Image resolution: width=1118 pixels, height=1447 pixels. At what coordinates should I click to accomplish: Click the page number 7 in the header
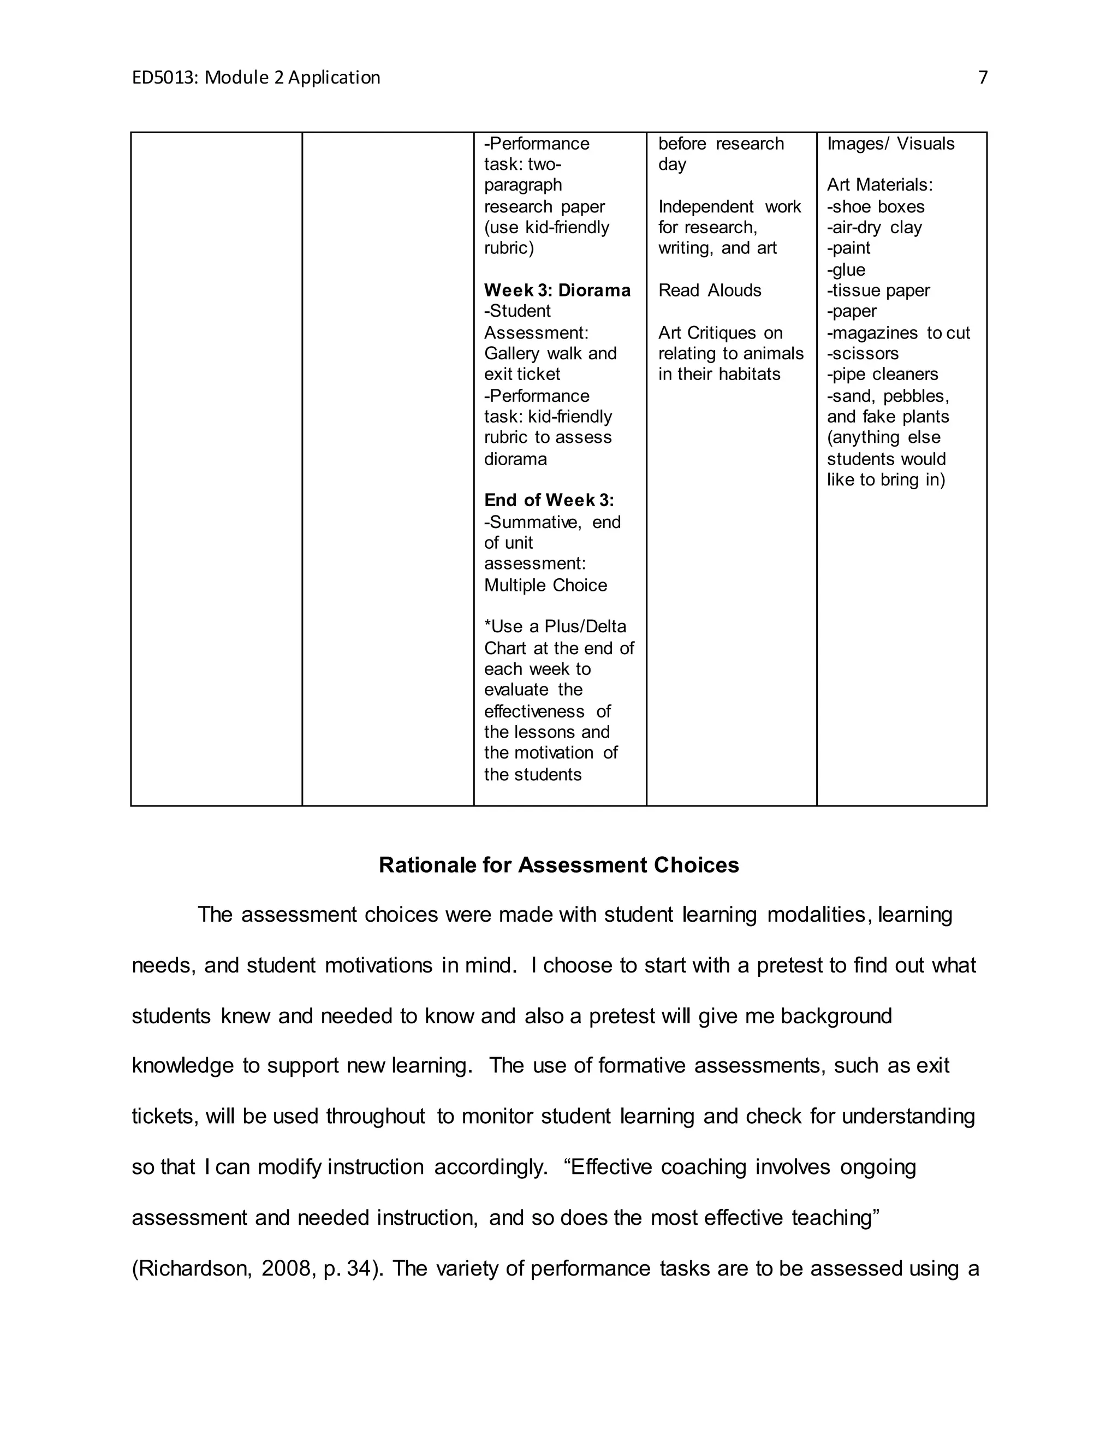point(982,78)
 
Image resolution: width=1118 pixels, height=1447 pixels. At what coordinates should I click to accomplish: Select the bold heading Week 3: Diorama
point(557,290)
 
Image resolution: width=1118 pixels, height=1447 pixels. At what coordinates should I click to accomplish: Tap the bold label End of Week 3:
point(549,500)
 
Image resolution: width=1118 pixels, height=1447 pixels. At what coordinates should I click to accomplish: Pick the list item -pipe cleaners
point(882,375)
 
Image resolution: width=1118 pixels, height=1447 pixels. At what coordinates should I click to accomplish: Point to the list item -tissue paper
point(878,290)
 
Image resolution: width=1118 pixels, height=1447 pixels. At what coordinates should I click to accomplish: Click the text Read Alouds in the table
point(709,290)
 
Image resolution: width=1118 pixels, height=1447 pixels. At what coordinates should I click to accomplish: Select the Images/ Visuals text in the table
point(890,144)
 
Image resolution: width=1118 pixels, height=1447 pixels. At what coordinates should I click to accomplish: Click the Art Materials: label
point(879,185)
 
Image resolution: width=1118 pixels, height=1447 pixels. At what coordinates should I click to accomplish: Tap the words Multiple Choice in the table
point(545,585)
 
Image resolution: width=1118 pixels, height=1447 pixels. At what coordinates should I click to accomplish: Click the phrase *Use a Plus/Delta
point(555,627)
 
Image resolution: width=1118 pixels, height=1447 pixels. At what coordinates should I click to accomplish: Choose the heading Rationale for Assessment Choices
point(558,865)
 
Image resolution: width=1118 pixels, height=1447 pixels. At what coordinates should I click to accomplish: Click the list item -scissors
point(863,353)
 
